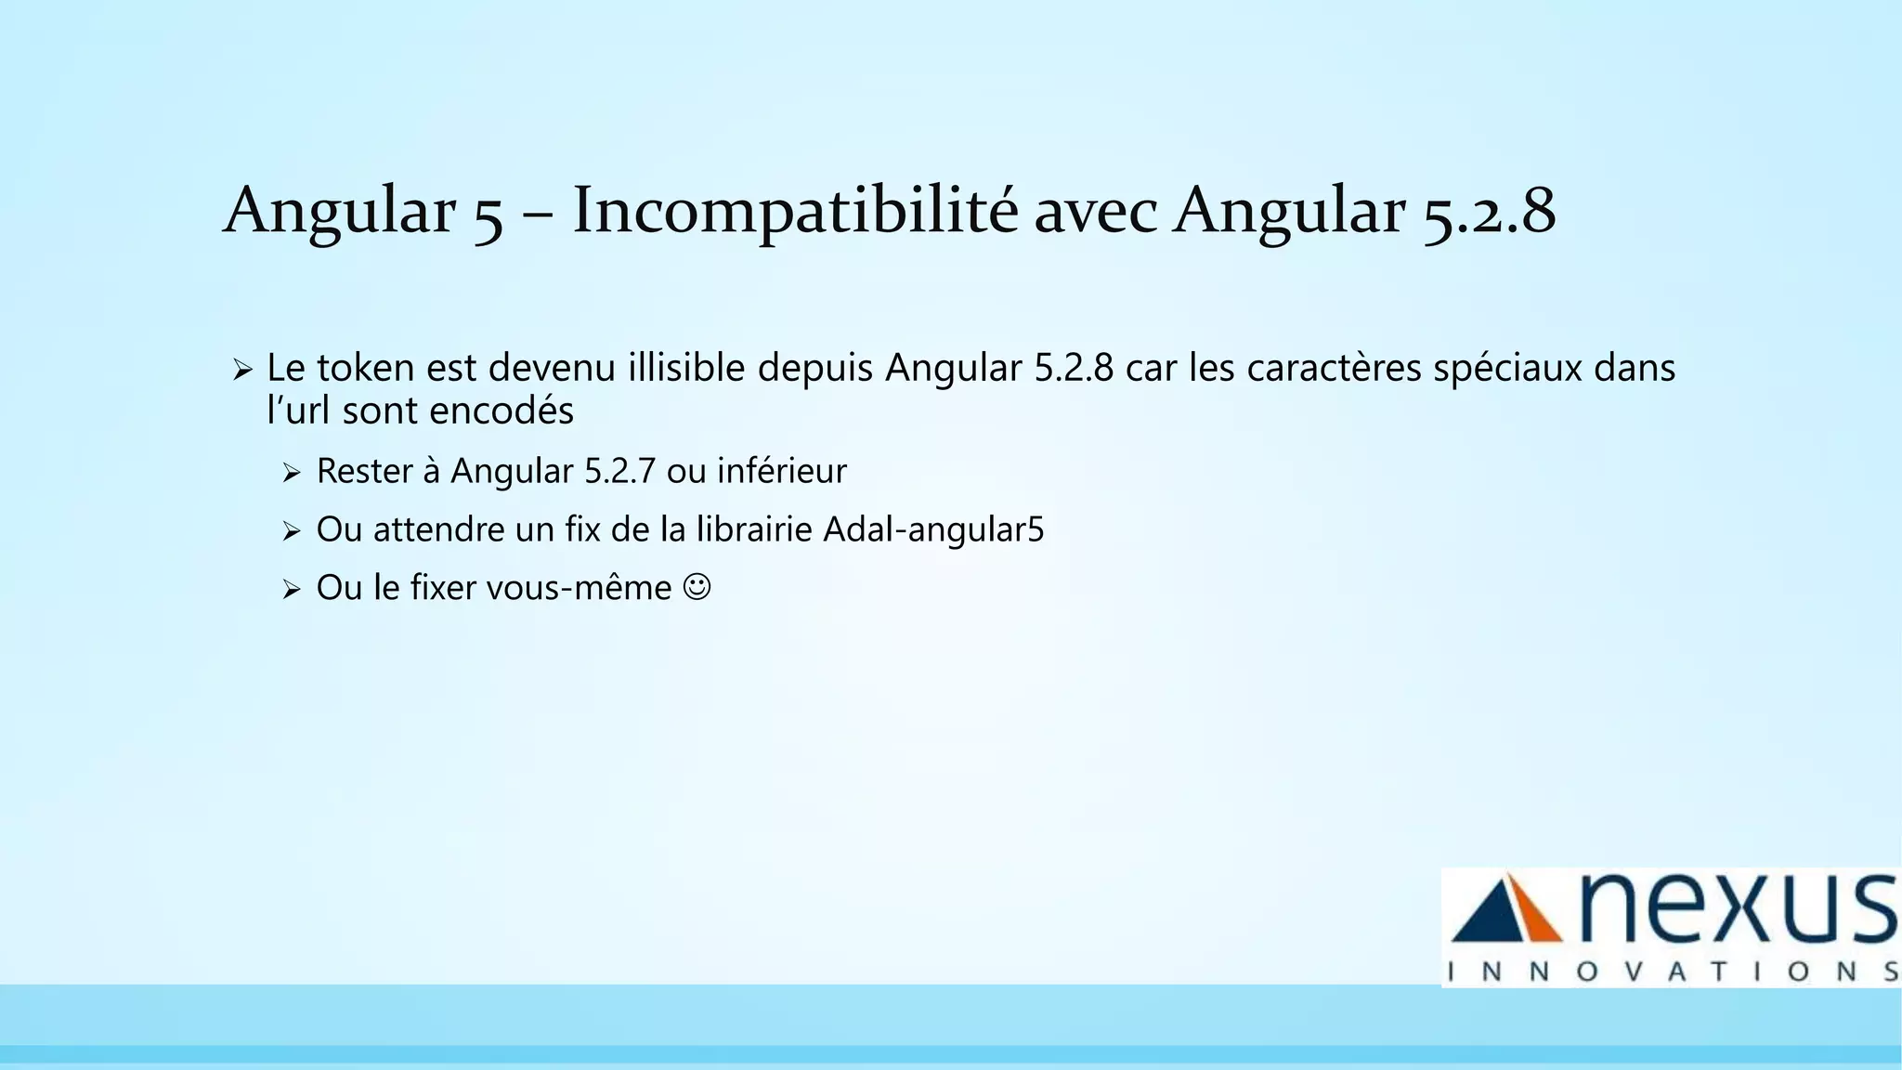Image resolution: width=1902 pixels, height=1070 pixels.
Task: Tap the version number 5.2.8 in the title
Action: [1489, 212]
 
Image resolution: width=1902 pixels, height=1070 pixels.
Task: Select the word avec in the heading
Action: [1095, 212]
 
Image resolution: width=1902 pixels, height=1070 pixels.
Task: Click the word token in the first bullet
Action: [365, 368]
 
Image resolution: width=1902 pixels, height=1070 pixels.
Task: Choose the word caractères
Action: [1334, 368]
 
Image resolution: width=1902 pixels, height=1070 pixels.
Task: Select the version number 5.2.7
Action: [619, 472]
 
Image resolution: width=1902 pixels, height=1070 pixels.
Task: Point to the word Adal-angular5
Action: [933, 530]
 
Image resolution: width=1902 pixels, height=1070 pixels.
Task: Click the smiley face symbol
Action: [697, 587]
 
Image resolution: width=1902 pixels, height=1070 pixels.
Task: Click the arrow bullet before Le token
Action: [242, 371]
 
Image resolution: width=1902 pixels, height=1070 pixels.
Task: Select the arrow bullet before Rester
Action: [292, 474]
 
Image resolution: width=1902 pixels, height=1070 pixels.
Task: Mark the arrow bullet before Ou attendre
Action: [292, 532]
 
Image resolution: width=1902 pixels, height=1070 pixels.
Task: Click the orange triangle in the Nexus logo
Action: [1531, 912]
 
